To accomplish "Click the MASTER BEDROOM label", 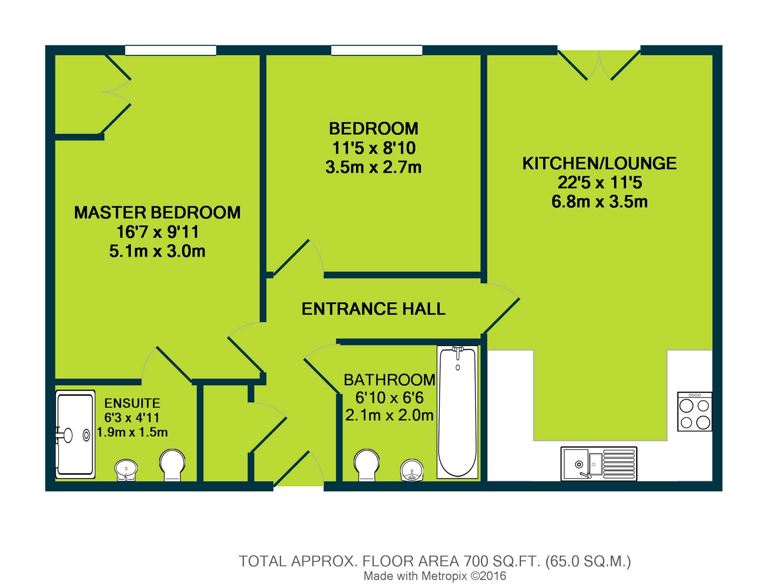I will point(157,213).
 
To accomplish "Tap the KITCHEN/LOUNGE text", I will point(599,164).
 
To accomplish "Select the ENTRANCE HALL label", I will point(373,309).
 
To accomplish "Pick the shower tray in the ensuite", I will point(75,434).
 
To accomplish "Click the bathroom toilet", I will point(367,464).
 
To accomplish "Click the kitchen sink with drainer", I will point(599,464).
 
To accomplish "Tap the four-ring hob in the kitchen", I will point(695,412).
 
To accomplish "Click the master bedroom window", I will point(171,50).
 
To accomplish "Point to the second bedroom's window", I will point(377,50).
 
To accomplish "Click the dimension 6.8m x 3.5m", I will point(599,202).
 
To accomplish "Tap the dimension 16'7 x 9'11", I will point(157,232).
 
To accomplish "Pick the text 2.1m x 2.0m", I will point(389,415).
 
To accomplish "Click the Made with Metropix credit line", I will point(435,576).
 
